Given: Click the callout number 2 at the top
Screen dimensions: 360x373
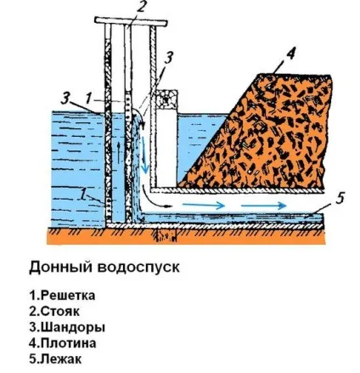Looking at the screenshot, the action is point(140,8).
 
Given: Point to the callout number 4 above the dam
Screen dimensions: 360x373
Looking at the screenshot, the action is point(290,54).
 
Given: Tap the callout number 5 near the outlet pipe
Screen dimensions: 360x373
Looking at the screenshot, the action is point(340,198).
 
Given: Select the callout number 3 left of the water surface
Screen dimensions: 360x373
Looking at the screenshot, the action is point(65,99).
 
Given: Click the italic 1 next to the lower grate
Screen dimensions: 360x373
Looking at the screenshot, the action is point(83,195).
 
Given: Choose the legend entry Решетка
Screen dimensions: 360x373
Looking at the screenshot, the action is point(62,296).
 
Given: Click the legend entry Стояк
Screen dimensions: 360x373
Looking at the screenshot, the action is point(54,311).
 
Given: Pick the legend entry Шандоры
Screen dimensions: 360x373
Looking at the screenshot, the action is point(67,327).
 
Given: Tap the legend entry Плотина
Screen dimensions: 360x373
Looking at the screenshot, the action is point(63,343).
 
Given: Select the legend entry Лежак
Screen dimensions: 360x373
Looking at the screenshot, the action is point(55,359).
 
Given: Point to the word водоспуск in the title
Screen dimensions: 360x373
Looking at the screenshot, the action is point(138,268).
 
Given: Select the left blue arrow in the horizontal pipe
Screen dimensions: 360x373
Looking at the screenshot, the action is point(204,205).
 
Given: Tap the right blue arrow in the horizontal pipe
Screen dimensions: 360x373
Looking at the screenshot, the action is point(264,206).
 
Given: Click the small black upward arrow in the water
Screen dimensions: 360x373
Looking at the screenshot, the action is point(118,152).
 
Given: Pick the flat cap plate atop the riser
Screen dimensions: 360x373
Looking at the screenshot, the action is point(131,21).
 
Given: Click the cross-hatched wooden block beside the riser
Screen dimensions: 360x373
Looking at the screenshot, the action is point(167,99).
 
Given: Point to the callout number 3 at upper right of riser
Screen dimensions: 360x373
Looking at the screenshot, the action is point(168,58).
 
